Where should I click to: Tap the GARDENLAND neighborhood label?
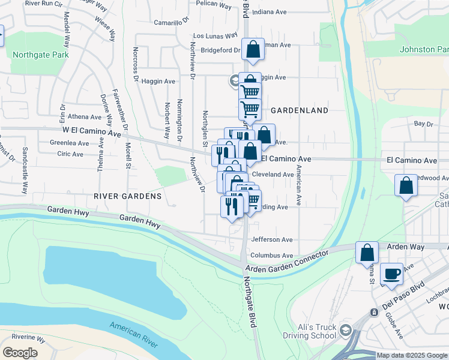[300, 110]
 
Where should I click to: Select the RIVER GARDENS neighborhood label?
[127, 196]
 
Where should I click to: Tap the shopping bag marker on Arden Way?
[367, 253]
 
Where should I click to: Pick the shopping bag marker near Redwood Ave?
[406, 186]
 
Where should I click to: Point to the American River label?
[133, 335]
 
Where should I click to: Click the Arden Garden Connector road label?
[286, 262]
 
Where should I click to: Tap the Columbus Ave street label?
[271, 256]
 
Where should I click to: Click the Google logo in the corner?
[20, 352]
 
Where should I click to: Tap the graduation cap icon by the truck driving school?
[346, 331]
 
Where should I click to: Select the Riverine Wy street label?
[24, 339]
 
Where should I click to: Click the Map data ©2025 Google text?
[412, 355]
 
